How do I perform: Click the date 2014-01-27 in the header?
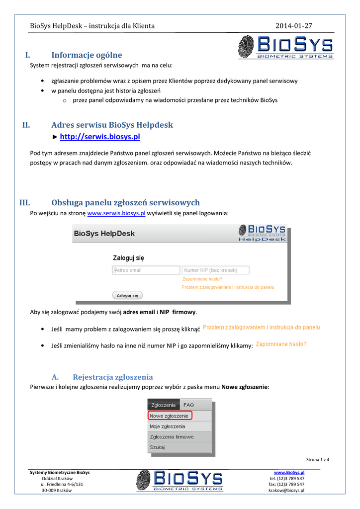point(294,25)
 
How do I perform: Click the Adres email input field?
point(146,270)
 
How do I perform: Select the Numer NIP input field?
point(215,270)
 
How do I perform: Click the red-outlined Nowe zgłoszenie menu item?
point(170,416)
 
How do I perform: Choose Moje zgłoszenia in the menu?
point(168,426)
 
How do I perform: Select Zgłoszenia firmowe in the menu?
point(172,437)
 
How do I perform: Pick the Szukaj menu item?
point(157,447)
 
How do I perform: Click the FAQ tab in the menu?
point(188,405)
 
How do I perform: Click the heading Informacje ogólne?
point(87,55)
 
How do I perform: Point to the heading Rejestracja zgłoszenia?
point(112,377)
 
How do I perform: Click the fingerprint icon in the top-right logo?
point(247,47)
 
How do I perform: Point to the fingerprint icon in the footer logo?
point(144,481)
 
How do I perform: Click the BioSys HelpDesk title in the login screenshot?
point(104,233)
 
